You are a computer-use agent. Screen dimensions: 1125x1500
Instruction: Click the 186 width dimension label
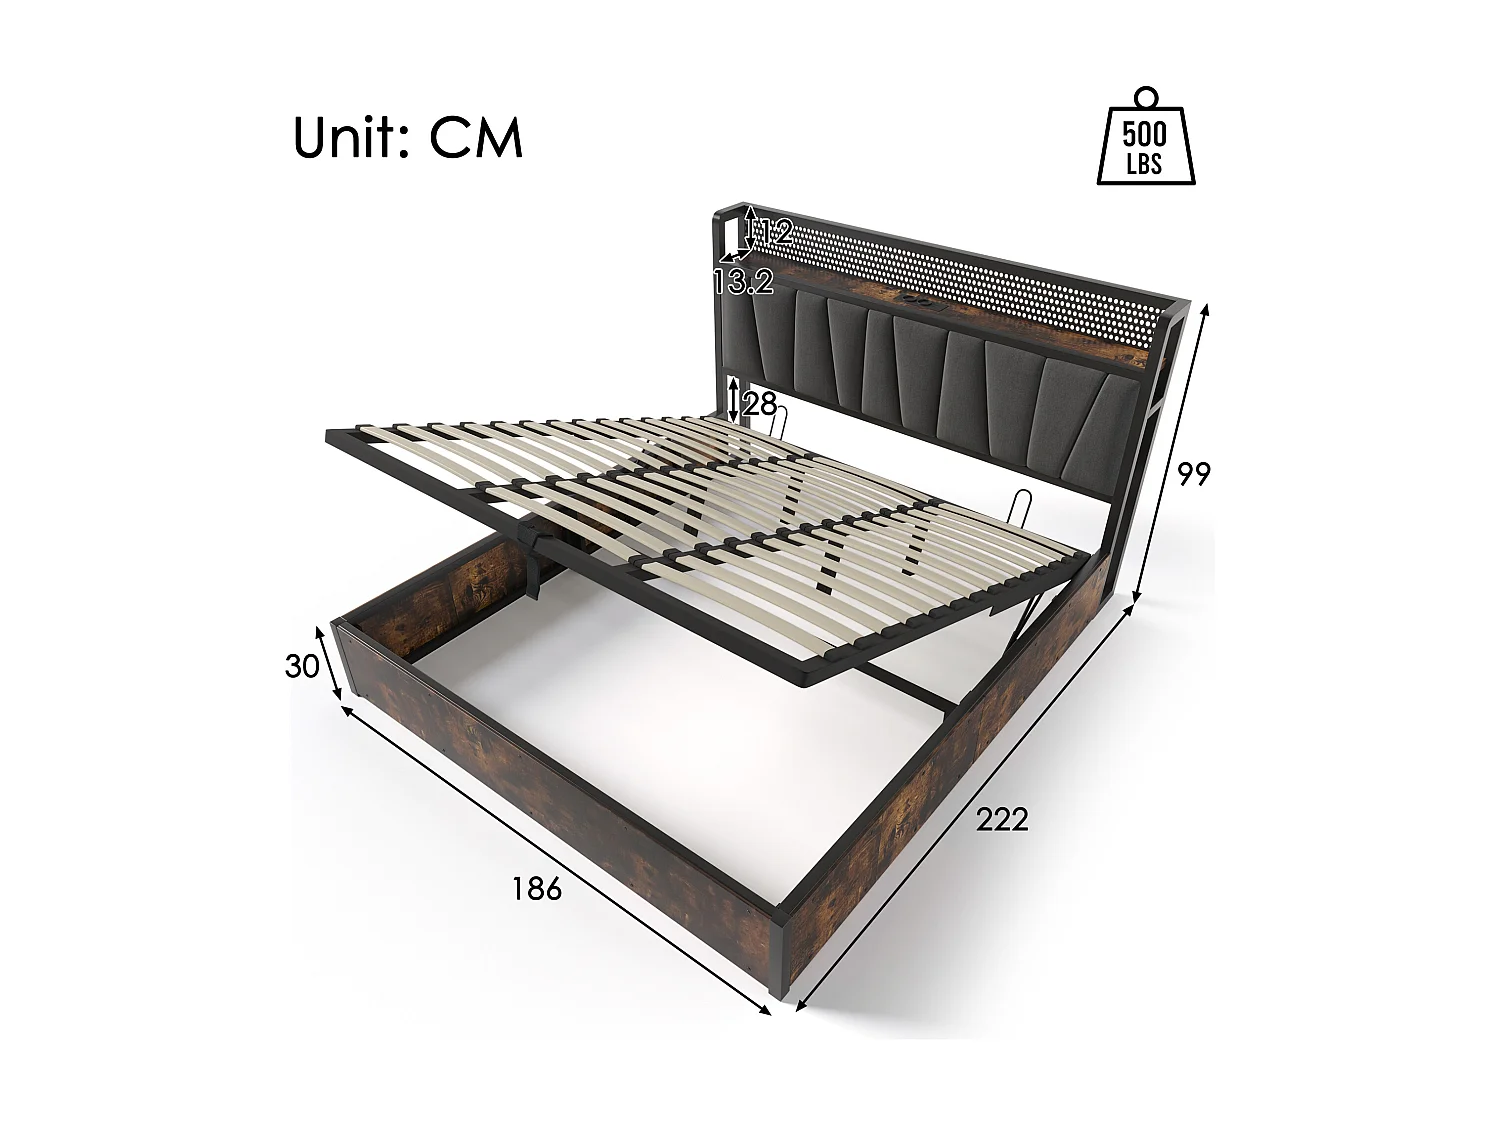point(537,888)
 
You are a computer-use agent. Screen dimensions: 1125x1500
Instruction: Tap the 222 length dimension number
point(1002,820)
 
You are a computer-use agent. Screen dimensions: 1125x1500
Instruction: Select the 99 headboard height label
point(1193,474)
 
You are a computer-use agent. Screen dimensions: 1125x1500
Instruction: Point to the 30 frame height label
point(301,666)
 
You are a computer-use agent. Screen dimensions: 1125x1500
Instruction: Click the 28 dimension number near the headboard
point(760,404)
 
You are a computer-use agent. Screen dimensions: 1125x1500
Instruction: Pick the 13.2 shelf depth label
point(744,283)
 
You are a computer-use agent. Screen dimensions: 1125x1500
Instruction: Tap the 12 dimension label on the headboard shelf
point(772,234)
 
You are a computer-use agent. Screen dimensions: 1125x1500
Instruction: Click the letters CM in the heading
point(477,138)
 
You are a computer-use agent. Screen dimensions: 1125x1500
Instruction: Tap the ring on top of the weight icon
point(1146,97)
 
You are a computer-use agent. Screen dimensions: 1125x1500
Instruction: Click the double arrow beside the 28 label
point(735,399)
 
